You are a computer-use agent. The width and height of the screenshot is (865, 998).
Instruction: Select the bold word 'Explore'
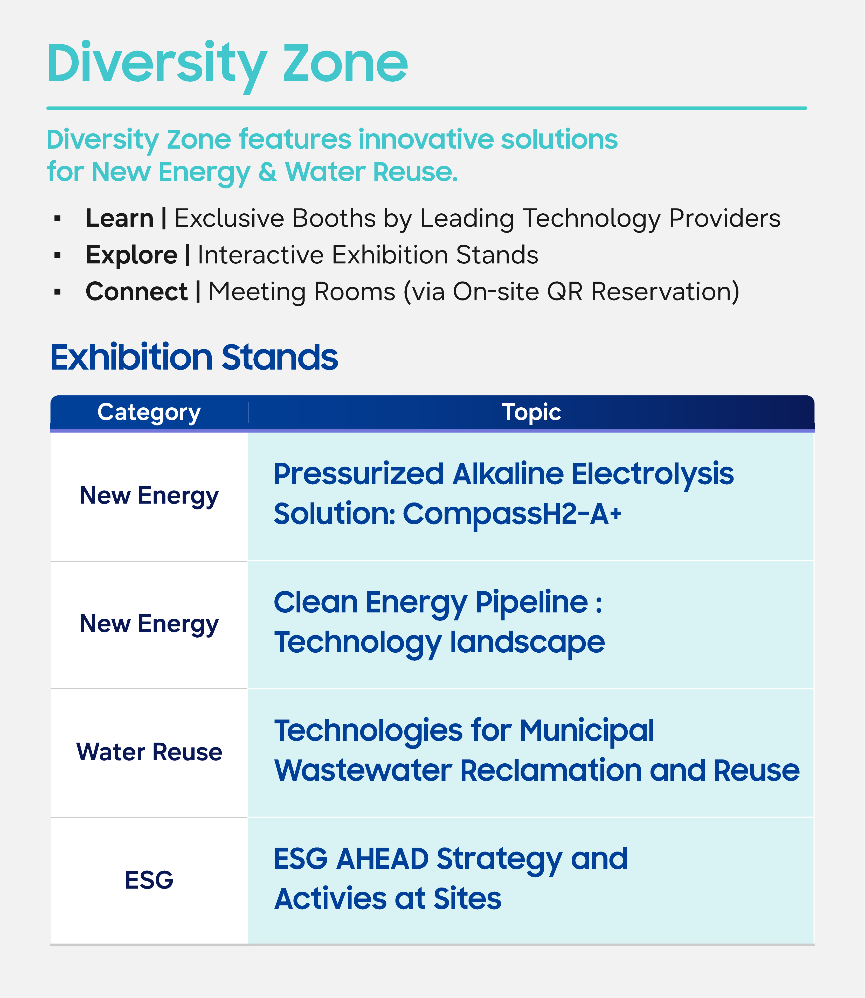(131, 255)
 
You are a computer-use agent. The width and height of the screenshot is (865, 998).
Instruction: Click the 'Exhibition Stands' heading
(194, 358)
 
